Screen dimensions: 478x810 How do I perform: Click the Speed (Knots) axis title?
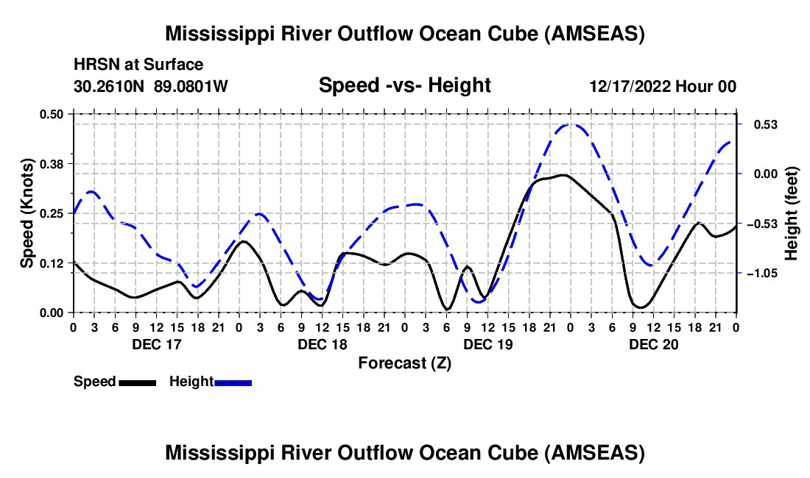click(27, 213)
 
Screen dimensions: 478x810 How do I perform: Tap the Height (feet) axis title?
click(792, 213)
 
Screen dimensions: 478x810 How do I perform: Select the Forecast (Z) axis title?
click(404, 363)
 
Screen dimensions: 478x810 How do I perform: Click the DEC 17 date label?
click(156, 344)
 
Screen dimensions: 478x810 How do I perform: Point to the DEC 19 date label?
click(487, 344)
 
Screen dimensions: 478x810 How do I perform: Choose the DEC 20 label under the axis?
click(653, 344)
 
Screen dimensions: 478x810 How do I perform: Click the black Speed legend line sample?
click(137, 382)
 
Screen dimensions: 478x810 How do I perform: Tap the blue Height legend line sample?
click(233, 382)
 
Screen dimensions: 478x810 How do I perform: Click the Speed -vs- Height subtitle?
click(404, 85)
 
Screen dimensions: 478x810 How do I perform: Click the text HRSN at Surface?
click(138, 65)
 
